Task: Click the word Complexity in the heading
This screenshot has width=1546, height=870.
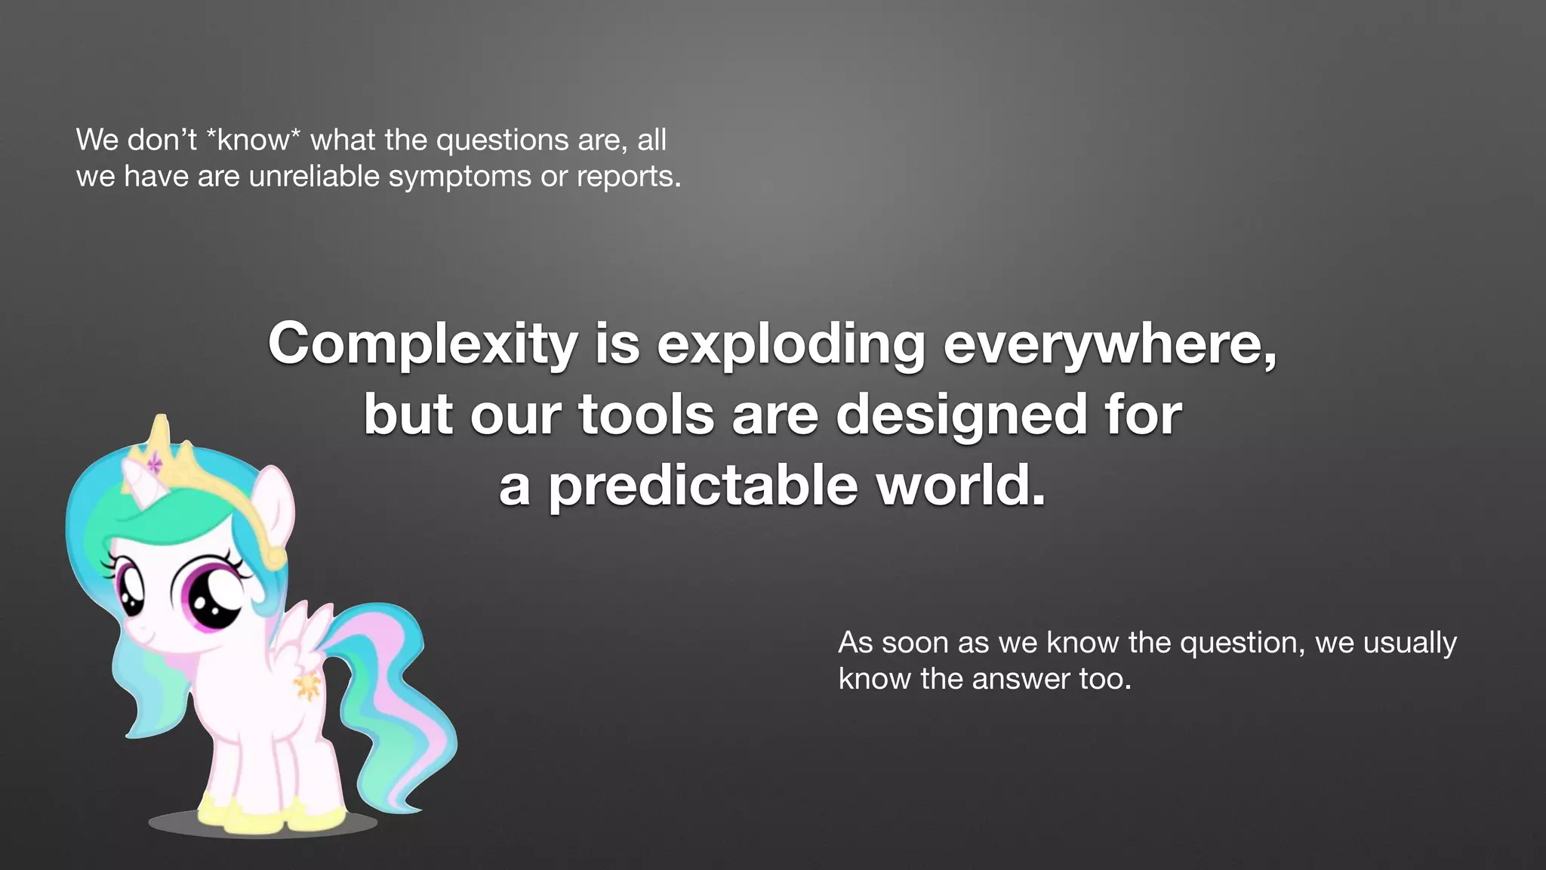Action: [x=423, y=344]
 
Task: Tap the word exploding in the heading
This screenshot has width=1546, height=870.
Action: [x=791, y=344]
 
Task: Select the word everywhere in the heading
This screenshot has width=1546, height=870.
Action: [x=1110, y=344]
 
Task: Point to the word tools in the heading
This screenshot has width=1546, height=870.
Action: [x=646, y=415]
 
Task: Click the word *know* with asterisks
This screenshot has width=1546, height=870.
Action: [x=254, y=140]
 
